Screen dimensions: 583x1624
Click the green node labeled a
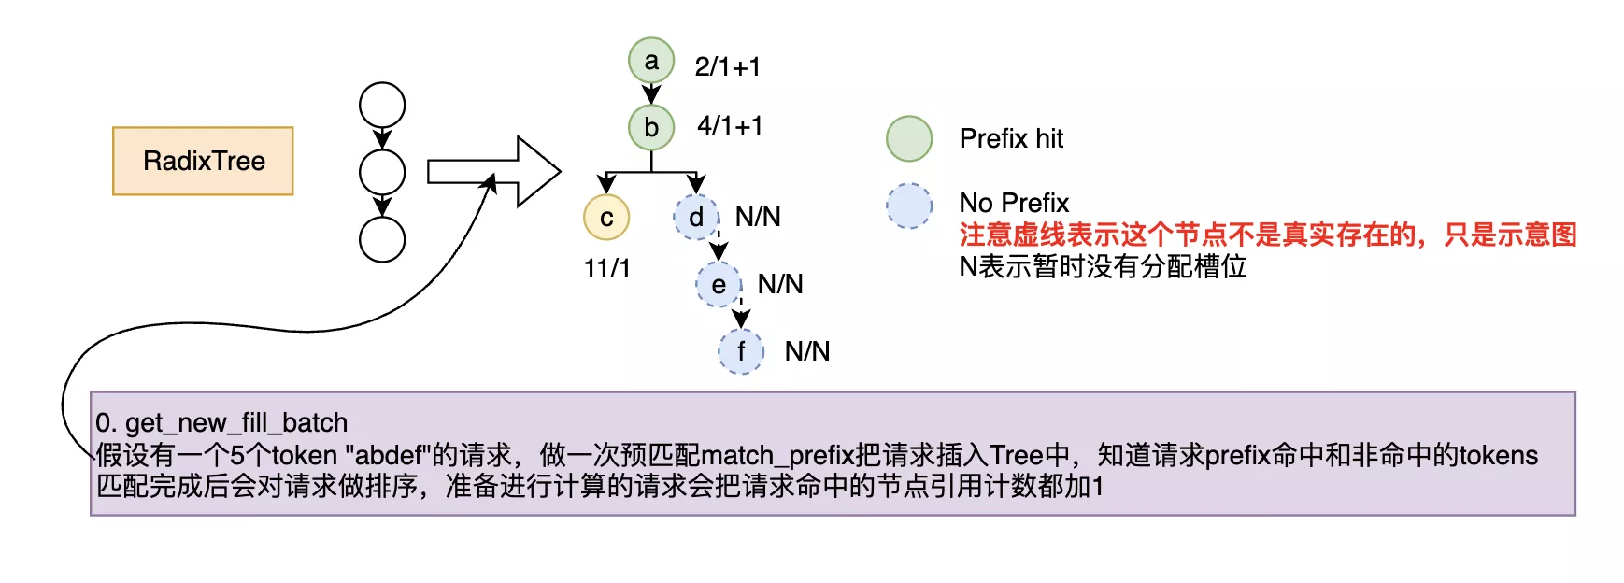[651, 61]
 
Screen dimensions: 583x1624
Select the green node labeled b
[651, 127]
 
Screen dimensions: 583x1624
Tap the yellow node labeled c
[606, 218]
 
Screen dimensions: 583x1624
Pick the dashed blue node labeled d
[696, 218]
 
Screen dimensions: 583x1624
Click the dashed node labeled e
[719, 285]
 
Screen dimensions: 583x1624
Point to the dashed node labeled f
[741, 351]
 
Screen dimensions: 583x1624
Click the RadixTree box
[203, 161]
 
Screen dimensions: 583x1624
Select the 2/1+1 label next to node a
[727, 66]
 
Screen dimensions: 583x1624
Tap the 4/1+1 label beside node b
[730, 125]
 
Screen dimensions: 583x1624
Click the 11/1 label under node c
[606, 268]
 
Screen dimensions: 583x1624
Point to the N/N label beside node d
[758, 217]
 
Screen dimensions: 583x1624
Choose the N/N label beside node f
[807, 351]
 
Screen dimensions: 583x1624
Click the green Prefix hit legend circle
[909, 139]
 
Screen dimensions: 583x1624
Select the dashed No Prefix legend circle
[909, 206]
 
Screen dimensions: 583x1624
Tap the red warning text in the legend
[1267, 235]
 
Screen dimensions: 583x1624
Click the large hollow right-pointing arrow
[494, 172]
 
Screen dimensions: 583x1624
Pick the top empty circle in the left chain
[382, 106]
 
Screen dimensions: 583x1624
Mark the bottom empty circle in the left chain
[382, 239]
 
